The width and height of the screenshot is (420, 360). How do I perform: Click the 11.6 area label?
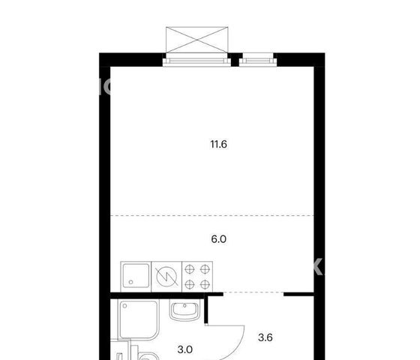(x=218, y=144)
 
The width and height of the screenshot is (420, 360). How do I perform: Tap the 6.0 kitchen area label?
(x=218, y=239)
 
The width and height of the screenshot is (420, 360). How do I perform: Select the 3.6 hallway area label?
(x=265, y=337)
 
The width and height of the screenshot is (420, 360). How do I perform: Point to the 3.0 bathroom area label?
(x=185, y=349)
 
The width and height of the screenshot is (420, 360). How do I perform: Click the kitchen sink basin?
(x=136, y=277)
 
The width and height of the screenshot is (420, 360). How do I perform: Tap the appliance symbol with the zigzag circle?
(x=166, y=277)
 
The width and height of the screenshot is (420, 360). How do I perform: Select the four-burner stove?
(x=197, y=277)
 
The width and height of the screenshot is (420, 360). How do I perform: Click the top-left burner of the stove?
(x=190, y=269)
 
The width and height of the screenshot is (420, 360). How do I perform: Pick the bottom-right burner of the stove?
(x=205, y=284)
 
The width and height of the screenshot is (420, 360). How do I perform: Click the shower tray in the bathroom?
(x=139, y=319)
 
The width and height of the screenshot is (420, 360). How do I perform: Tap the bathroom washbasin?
(x=184, y=310)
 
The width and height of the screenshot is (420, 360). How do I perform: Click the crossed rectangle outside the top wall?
(x=196, y=40)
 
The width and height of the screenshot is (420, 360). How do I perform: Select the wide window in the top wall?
(x=196, y=61)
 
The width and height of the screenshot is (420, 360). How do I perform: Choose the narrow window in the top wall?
(x=258, y=61)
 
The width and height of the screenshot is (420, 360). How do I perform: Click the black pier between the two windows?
(x=235, y=60)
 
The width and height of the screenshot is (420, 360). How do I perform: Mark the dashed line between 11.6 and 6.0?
(x=212, y=215)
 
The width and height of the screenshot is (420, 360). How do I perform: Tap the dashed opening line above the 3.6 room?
(x=253, y=292)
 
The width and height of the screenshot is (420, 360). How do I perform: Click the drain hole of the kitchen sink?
(x=131, y=282)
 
